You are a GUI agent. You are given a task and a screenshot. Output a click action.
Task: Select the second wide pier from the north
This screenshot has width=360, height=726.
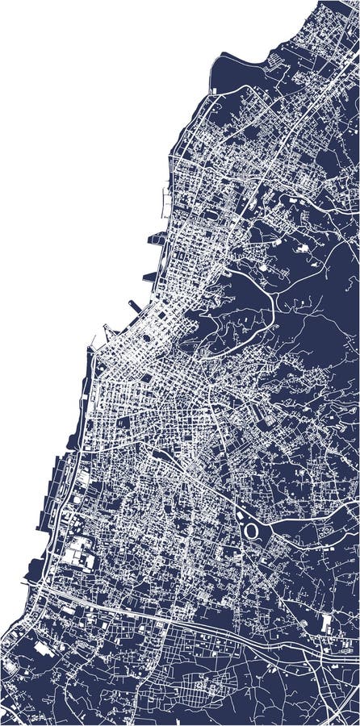pyautogui.click(x=151, y=276)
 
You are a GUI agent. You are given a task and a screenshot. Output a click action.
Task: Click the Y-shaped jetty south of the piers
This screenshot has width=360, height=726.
pyautogui.click(x=108, y=332)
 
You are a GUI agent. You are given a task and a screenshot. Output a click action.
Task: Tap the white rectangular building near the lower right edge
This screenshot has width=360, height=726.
pyautogui.click(x=326, y=623)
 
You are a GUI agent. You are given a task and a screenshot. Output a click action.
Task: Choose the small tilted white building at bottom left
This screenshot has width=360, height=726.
pyautogui.click(x=42, y=647)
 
